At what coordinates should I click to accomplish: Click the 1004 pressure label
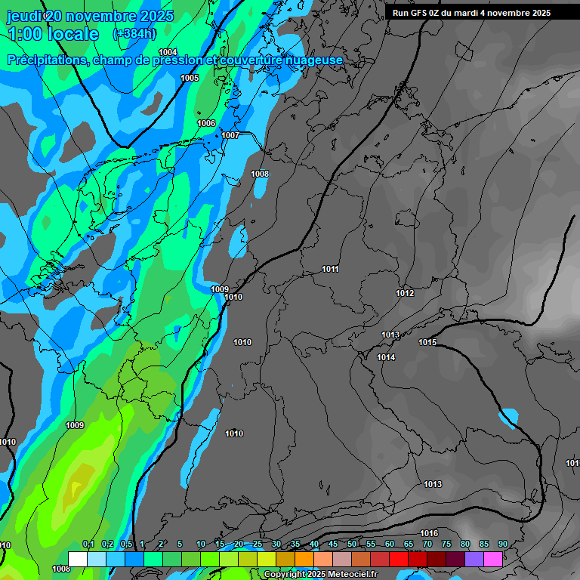coord(168,52)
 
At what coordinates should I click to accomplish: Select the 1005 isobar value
coord(190,78)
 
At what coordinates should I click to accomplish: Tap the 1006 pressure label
coord(206,123)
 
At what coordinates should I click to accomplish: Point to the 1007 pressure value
coord(230,135)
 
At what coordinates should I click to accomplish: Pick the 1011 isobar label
coord(330,269)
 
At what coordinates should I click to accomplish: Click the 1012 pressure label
coord(405,293)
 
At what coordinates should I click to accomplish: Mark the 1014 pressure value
coord(386,357)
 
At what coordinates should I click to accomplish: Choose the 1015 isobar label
coord(427,342)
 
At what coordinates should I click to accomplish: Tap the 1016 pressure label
coord(429,534)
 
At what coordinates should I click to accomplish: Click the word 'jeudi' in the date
coord(24,16)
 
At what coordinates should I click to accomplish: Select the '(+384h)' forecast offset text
coord(134,33)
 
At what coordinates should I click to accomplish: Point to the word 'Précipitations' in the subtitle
coord(45,60)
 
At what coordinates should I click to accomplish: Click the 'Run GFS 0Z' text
coord(418,13)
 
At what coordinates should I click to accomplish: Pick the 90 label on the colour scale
coord(503,544)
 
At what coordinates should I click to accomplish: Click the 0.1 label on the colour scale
coord(88,544)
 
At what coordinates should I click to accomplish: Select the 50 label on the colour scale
coord(352,544)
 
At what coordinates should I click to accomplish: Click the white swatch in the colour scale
coord(77,559)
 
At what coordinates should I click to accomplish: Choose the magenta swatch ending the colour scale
coord(493,559)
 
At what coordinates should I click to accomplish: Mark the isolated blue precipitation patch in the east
coord(509,416)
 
